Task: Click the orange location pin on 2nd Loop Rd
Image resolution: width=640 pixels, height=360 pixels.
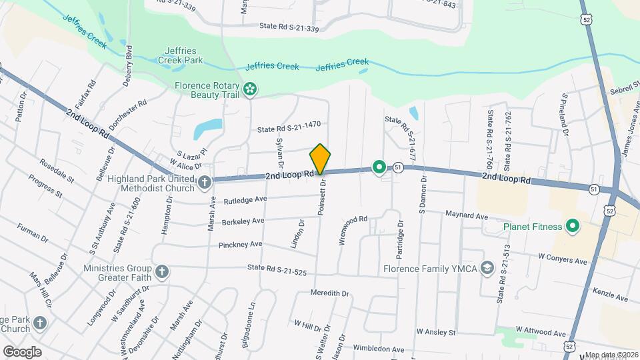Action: (x=320, y=159)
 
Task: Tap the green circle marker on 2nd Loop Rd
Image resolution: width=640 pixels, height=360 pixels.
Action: (x=379, y=167)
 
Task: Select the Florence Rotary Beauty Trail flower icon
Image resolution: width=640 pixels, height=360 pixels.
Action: (x=250, y=89)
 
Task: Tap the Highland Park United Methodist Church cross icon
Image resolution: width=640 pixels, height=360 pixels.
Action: (x=204, y=180)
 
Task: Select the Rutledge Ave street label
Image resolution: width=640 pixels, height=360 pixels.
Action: (x=245, y=199)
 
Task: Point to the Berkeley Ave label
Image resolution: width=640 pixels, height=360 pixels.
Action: (x=243, y=221)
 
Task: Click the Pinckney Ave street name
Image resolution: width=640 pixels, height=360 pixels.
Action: (x=240, y=245)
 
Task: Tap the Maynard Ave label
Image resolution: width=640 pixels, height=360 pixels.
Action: (x=467, y=215)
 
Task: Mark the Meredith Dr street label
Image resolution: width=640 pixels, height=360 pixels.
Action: (x=330, y=293)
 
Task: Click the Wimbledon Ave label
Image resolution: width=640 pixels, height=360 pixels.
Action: (x=379, y=349)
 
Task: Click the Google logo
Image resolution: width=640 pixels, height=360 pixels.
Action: (x=22, y=351)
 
